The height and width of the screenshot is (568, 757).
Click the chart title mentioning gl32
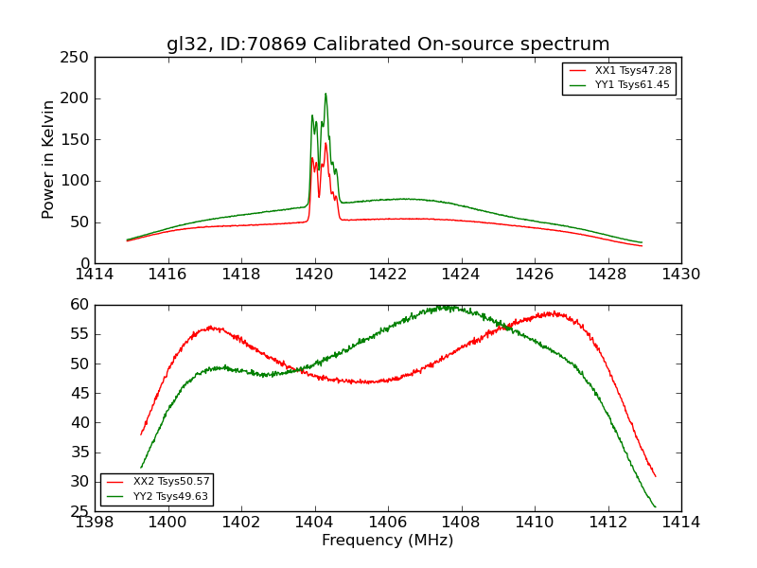click(388, 44)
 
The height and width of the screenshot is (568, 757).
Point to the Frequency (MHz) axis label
click(388, 541)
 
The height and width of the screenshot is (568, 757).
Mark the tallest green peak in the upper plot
click(326, 94)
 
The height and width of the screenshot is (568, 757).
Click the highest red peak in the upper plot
click(326, 143)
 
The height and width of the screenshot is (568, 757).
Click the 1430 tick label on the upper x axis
click(681, 274)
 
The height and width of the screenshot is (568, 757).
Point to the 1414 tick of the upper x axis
click(95, 274)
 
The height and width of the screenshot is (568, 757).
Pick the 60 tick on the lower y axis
click(79, 305)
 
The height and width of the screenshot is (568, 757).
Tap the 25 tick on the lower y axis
click(79, 512)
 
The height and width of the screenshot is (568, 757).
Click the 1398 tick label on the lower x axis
click(95, 523)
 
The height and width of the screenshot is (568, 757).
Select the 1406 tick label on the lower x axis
click(388, 523)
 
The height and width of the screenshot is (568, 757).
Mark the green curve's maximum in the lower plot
click(445, 307)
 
